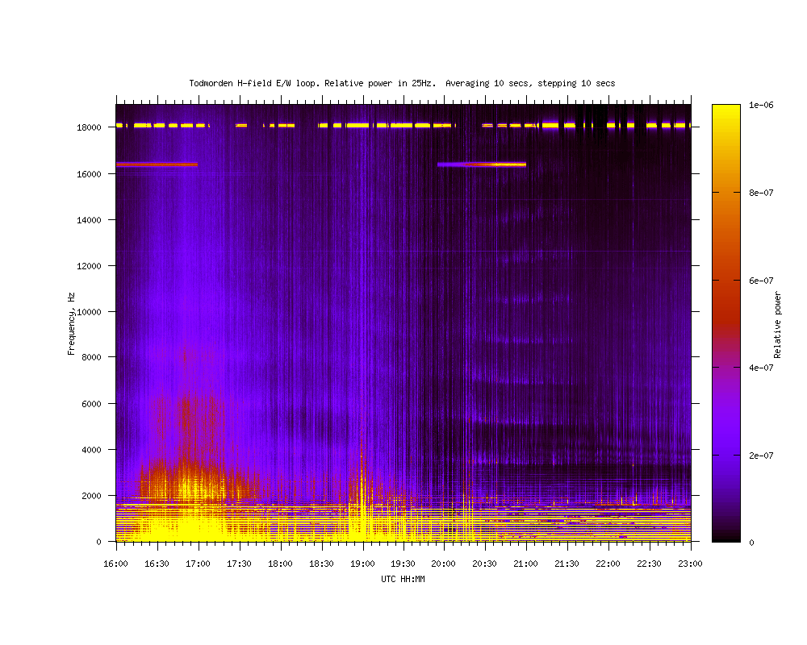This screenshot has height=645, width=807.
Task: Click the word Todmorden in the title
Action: tap(211, 83)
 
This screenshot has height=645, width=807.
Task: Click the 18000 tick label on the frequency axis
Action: tap(89, 127)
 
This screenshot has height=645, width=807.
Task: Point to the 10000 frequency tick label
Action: tap(89, 312)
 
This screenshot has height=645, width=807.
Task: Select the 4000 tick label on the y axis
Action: tap(92, 450)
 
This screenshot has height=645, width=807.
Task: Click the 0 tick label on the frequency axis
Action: tap(98, 542)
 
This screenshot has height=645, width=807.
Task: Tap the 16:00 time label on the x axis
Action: tap(115, 564)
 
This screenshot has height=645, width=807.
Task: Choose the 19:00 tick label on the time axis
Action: tap(362, 564)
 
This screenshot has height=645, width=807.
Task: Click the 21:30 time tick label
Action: tap(567, 564)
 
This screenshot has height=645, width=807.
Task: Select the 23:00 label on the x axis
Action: tap(690, 564)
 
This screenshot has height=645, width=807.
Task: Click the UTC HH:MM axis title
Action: tap(403, 579)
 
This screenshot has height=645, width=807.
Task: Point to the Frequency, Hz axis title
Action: tap(71, 324)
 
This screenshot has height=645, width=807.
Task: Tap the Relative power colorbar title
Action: tap(777, 325)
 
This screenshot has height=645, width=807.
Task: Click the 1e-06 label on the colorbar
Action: tap(761, 105)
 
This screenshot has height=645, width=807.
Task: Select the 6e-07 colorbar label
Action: tap(761, 281)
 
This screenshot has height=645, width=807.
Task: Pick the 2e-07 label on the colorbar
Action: tap(761, 456)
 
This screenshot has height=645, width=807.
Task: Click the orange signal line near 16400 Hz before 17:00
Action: tap(157, 164)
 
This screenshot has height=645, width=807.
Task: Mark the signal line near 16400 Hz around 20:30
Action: tap(482, 164)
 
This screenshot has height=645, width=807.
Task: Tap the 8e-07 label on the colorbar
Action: tap(761, 193)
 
